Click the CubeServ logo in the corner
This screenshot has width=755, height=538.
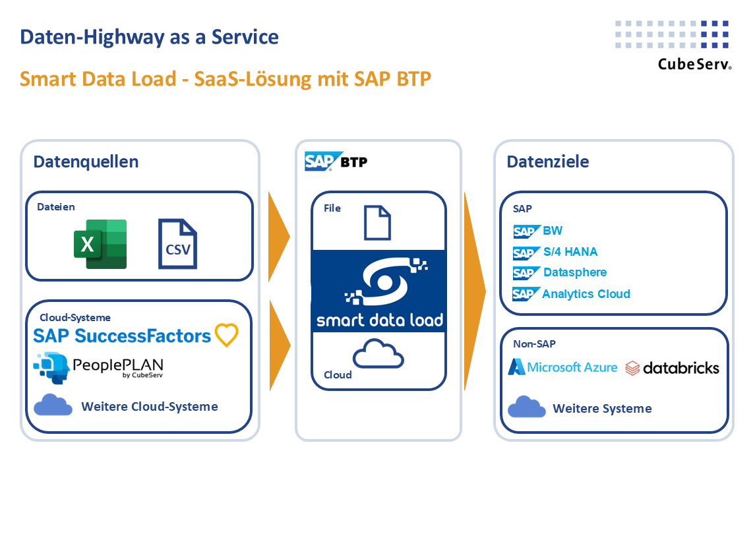point(673,44)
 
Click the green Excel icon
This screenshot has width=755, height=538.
point(100,244)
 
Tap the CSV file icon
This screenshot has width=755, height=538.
point(177,245)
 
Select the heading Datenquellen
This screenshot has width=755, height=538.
point(86,162)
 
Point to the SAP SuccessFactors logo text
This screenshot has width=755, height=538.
point(122,336)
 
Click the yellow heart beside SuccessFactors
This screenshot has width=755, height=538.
point(226,335)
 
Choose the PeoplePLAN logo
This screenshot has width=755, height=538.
point(99,368)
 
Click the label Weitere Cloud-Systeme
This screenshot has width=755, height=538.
point(149,406)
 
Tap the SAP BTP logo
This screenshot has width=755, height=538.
point(336,162)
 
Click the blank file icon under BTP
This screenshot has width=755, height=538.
point(378,222)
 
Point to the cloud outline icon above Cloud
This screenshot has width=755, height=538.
point(378,354)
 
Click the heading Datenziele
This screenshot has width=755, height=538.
point(547,162)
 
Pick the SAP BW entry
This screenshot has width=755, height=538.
point(538,231)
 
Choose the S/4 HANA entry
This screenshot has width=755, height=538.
point(555,252)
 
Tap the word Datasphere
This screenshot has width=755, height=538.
point(575,272)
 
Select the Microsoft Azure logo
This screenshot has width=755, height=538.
point(562,367)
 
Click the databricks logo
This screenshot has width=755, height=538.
point(672,367)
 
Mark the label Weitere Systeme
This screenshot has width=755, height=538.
point(602,409)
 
